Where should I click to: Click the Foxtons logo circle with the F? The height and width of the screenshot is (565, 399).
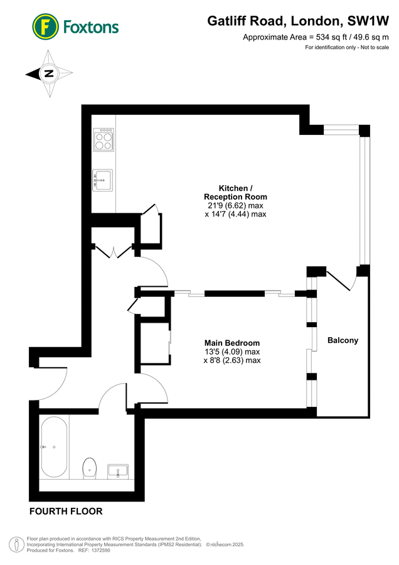(x=45, y=26)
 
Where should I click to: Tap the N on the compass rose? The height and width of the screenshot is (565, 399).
(x=48, y=74)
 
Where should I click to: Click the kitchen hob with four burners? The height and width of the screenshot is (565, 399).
(x=104, y=139)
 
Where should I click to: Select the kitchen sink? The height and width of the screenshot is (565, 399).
(x=103, y=180)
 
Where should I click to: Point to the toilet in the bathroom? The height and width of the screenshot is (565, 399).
(x=90, y=468)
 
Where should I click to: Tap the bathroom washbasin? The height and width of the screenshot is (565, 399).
(x=118, y=471)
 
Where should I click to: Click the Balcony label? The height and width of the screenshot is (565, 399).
(x=343, y=340)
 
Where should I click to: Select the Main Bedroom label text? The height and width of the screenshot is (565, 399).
(x=232, y=343)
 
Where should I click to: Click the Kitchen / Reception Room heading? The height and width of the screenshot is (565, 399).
(x=235, y=193)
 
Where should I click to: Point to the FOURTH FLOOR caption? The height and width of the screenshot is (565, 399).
(x=66, y=511)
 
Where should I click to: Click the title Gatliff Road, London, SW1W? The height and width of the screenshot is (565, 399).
(x=298, y=21)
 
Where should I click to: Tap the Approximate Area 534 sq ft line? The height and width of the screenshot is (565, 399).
(x=316, y=37)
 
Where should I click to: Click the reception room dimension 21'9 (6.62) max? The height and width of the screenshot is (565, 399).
(x=235, y=205)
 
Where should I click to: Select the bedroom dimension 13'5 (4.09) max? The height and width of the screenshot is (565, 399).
(x=232, y=352)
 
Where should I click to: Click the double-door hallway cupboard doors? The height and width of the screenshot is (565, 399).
(x=114, y=252)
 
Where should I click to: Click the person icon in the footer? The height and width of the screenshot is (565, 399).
(x=16, y=544)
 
